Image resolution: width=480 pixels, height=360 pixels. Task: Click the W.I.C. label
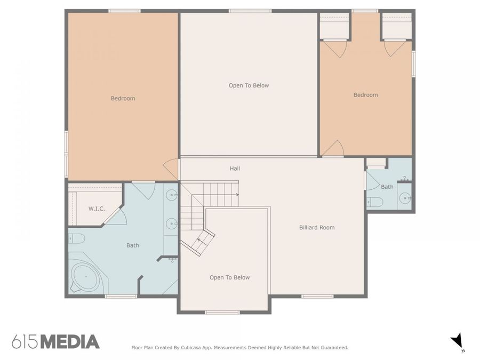click(x=96, y=208)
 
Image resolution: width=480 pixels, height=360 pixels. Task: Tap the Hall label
click(x=235, y=169)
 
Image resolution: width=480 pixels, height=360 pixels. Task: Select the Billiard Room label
click(x=317, y=227)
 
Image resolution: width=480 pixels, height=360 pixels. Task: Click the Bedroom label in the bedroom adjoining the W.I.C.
click(x=123, y=98)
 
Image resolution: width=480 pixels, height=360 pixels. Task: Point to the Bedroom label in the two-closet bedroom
click(x=365, y=95)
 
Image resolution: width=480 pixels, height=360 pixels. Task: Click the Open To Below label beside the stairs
click(x=229, y=277)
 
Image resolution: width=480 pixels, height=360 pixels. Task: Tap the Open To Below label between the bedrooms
click(x=249, y=85)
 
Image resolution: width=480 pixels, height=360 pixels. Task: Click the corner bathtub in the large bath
click(x=85, y=277)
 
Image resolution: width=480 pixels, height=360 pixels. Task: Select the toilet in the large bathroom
click(x=76, y=238)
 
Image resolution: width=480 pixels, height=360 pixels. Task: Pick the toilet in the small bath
click(x=375, y=202)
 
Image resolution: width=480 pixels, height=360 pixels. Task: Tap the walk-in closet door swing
click(x=119, y=216)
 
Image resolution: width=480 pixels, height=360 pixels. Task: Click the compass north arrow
click(x=457, y=341)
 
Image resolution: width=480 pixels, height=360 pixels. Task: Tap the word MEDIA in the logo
click(x=70, y=342)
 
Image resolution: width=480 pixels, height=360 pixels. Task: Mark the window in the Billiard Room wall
click(x=317, y=296)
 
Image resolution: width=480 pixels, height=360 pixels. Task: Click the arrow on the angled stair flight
click(x=199, y=242)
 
